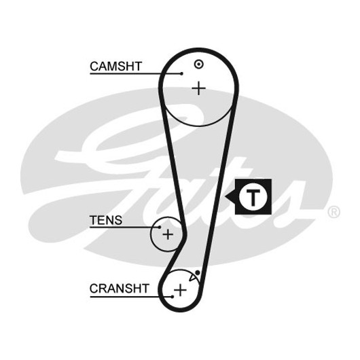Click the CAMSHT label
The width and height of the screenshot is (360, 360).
click(x=115, y=67)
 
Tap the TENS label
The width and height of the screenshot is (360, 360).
click(x=106, y=220)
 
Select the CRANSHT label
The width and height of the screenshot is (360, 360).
click(x=120, y=289)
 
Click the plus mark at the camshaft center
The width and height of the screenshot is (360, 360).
click(x=198, y=88)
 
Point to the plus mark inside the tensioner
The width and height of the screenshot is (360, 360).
click(x=168, y=234)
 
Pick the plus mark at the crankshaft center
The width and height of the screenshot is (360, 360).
click(x=181, y=290)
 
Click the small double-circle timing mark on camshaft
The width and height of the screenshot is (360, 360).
click(x=198, y=65)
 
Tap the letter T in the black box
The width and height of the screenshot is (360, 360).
click(x=253, y=198)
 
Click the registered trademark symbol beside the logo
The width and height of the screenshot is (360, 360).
click(x=334, y=212)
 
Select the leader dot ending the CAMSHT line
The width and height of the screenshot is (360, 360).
click(x=181, y=74)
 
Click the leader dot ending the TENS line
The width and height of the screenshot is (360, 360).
click(x=160, y=228)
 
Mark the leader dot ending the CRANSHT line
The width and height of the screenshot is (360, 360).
click(x=173, y=297)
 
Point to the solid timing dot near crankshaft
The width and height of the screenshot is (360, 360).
click(x=198, y=273)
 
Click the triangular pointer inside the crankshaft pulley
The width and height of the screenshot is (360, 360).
click(x=192, y=278)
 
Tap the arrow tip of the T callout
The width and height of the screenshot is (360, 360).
click(x=226, y=196)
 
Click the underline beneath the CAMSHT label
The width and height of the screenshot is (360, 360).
click(x=136, y=74)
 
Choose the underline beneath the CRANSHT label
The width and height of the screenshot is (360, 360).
click(x=131, y=297)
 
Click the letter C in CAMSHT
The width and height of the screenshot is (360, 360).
click(x=94, y=67)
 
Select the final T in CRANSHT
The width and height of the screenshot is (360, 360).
click(x=145, y=289)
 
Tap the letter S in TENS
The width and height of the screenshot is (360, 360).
click(x=118, y=220)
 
